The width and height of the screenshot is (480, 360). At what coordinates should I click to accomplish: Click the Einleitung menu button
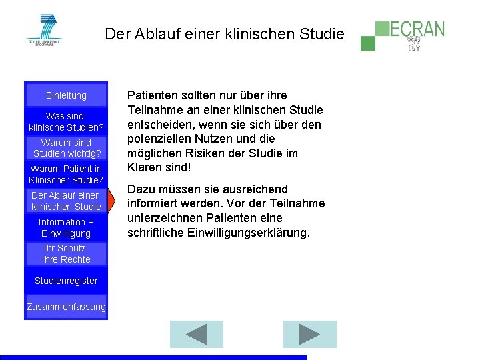66,95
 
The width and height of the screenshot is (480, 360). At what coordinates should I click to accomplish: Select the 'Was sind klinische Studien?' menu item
66,121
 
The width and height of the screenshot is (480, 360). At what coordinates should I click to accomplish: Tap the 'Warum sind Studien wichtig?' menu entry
66,148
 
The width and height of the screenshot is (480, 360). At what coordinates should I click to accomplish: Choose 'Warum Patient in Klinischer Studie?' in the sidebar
66,174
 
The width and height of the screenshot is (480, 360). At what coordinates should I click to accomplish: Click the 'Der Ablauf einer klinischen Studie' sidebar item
66,201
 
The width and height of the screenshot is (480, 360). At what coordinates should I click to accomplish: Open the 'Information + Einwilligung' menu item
66,227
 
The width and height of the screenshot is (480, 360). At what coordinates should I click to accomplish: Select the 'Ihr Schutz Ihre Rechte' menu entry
66,253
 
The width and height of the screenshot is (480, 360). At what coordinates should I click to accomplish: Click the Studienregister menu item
66,281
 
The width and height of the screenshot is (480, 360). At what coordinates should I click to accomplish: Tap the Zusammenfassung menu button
66,307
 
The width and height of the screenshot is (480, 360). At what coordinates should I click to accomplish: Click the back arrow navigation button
196,334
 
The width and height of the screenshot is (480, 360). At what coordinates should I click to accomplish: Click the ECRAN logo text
417,29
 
